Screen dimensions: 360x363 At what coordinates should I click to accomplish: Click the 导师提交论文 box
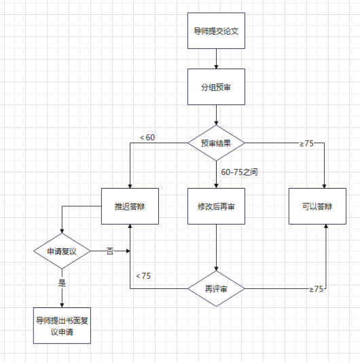(x=216, y=31)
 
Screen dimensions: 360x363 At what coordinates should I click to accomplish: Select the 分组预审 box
(x=216, y=87)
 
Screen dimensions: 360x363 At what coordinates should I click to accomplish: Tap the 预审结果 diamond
(x=216, y=143)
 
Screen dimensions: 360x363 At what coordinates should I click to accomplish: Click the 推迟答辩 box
(x=130, y=206)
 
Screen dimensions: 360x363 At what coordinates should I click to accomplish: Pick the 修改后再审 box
(x=216, y=206)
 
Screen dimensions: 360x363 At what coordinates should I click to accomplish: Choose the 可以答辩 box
(x=317, y=206)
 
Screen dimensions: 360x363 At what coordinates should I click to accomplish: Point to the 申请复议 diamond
(x=62, y=251)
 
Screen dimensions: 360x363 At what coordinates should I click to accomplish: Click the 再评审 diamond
(x=216, y=288)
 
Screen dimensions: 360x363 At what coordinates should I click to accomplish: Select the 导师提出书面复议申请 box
(x=62, y=326)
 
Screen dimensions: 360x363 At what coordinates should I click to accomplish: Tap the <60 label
(x=147, y=138)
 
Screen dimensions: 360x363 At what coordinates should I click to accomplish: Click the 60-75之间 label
(x=239, y=172)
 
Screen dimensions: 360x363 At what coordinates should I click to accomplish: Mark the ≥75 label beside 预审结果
(x=306, y=144)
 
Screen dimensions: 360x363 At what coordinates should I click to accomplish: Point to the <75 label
(x=143, y=276)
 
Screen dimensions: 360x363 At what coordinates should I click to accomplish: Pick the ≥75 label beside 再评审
(x=316, y=289)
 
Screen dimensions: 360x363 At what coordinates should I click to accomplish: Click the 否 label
(x=110, y=251)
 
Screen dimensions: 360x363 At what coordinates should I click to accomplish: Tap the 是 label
(x=62, y=283)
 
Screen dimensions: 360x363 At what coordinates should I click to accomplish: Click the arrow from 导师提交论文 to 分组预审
(x=216, y=59)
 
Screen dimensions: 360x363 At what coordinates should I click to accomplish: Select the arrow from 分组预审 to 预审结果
(x=216, y=115)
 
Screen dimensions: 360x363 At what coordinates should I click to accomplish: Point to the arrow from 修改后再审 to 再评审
(x=216, y=248)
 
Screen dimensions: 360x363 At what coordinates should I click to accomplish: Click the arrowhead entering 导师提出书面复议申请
(x=62, y=305)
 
